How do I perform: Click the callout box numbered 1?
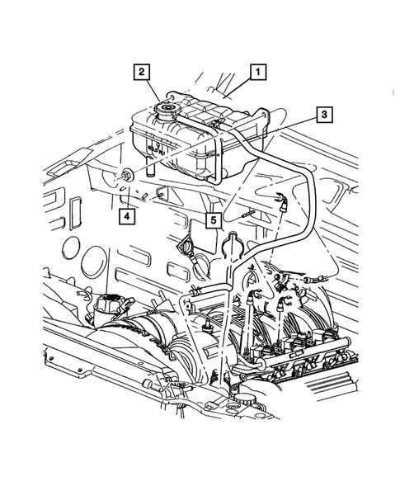pyautogui.click(x=258, y=72)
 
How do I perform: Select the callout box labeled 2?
pyautogui.click(x=143, y=72)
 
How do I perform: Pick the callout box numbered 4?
pyautogui.click(x=126, y=216)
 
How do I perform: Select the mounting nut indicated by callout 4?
pyautogui.click(x=128, y=174)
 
